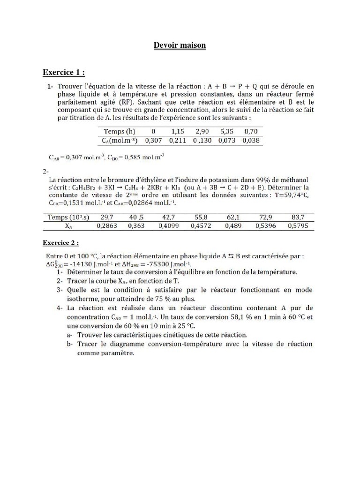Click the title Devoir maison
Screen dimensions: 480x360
coord(180,45)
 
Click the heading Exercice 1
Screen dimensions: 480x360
coord(64,72)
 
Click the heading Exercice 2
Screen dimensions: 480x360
coord(61,243)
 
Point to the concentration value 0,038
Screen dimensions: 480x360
coord(251,140)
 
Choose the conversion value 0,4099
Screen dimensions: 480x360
coord(168,225)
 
